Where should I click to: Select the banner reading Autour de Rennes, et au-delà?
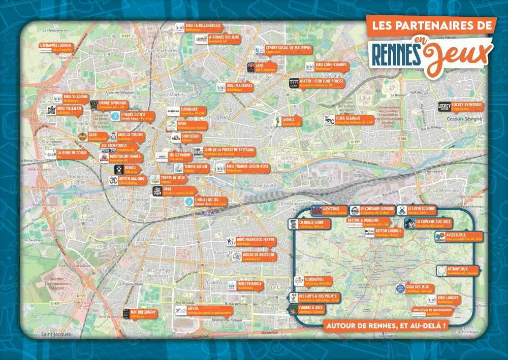[x=388, y=325]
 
